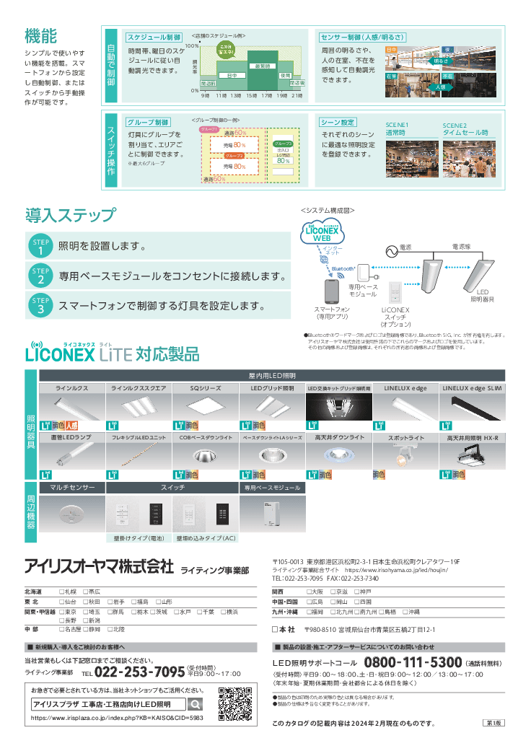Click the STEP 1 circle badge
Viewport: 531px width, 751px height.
tap(41, 246)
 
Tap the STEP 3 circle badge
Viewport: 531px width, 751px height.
tap(41, 305)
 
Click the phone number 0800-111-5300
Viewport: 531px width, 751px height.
tap(413, 663)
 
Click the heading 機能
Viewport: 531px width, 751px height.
tap(40, 35)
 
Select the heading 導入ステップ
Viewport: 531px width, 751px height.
tap(69, 215)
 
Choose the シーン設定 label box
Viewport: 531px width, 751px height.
tap(338, 123)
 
